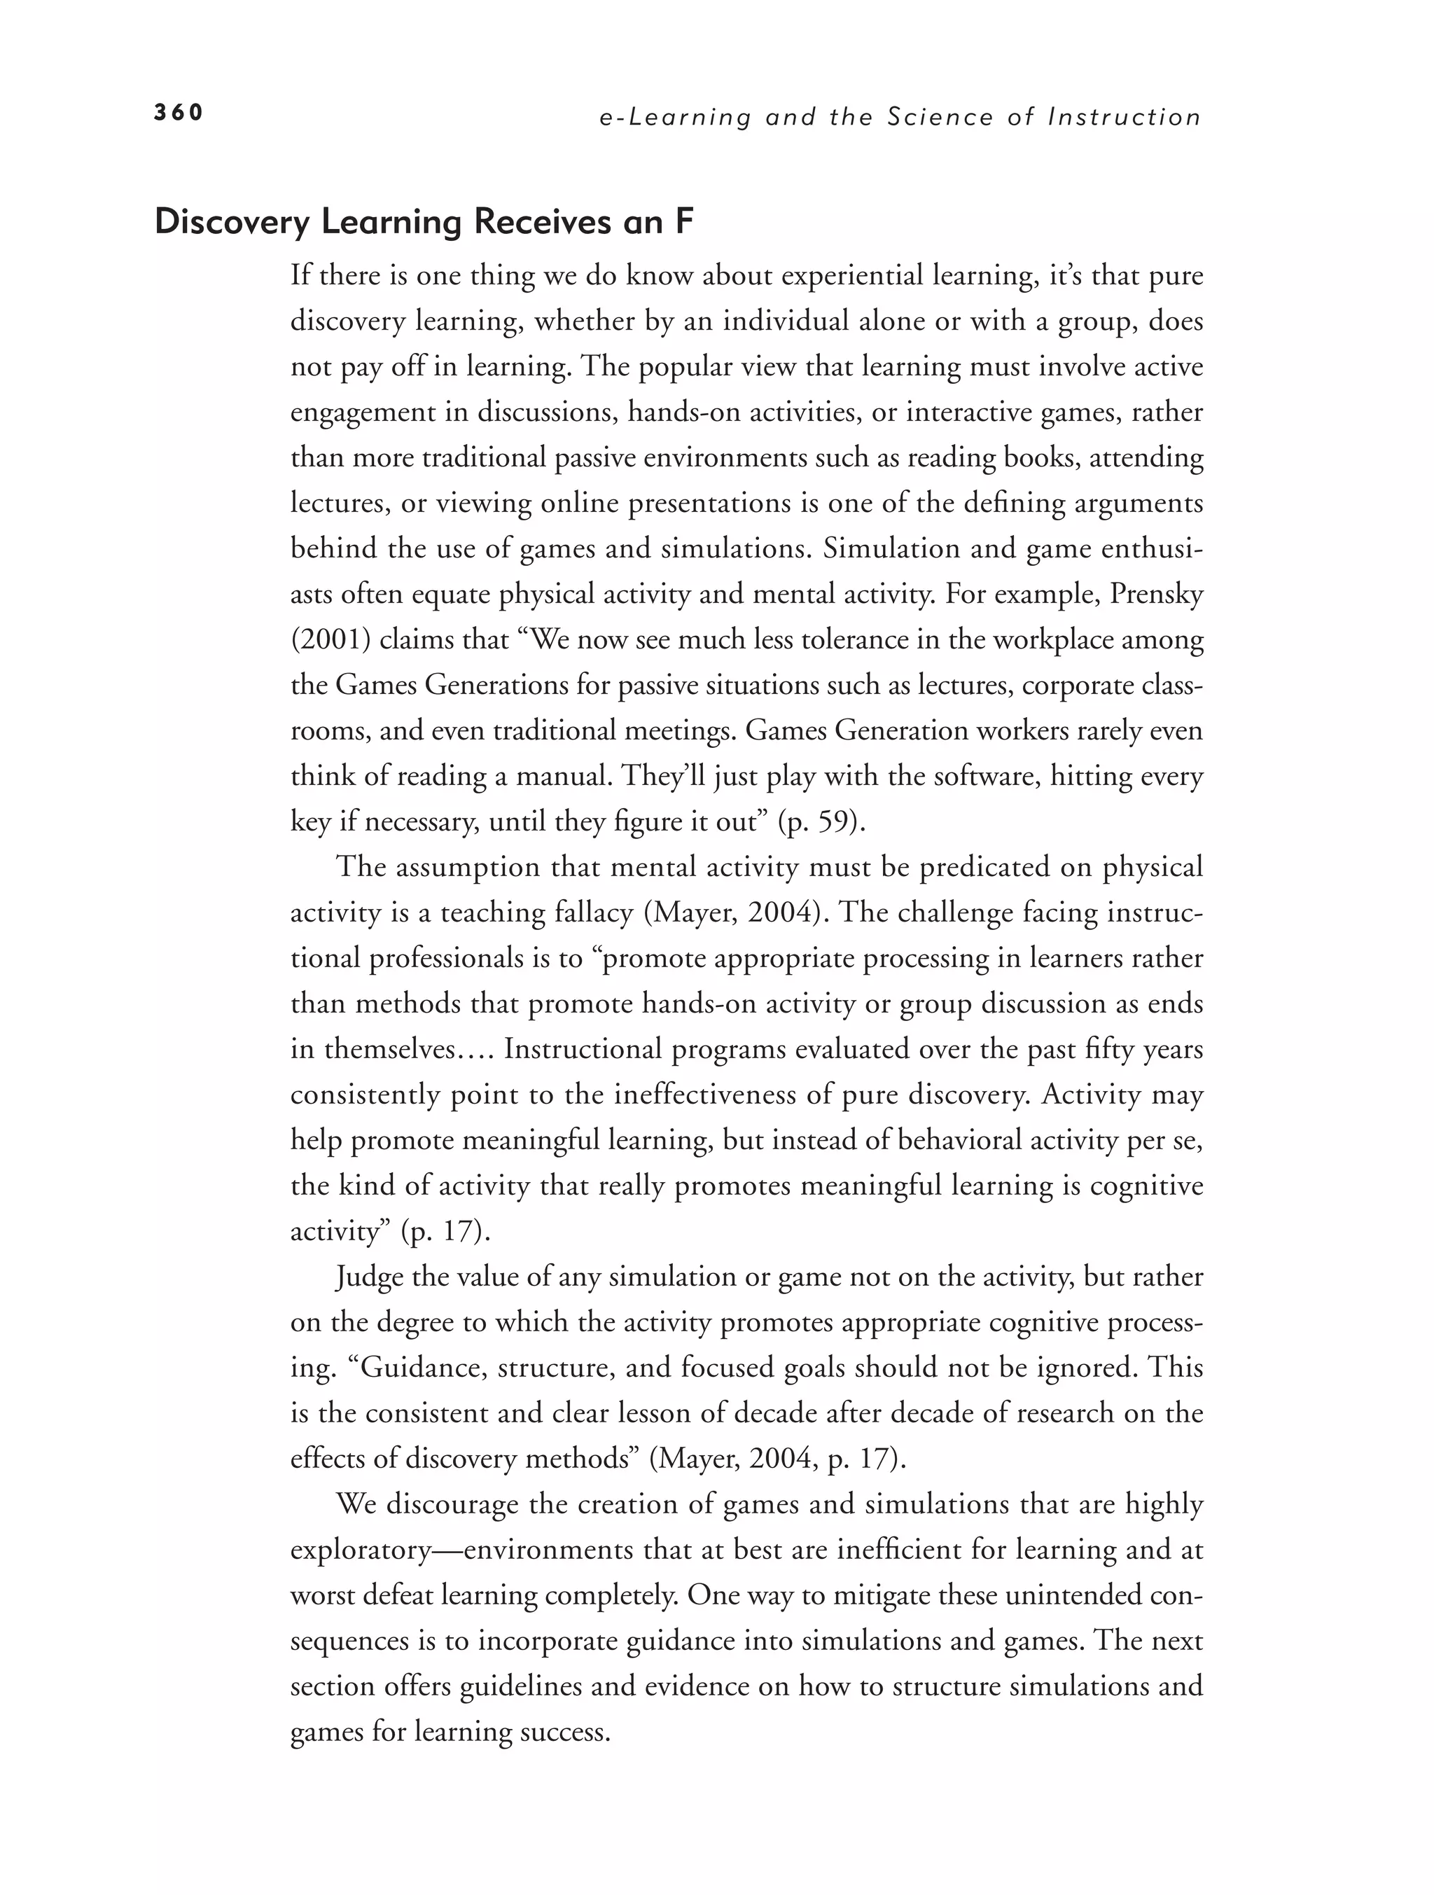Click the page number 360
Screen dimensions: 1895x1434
pyautogui.click(x=178, y=112)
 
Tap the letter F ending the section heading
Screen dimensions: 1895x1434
pyautogui.click(x=683, y=222)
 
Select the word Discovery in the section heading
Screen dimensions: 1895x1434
pyautogui.click(x=232, y=222)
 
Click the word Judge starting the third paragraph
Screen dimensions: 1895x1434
pyautogui.click(x=370, y=1277)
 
